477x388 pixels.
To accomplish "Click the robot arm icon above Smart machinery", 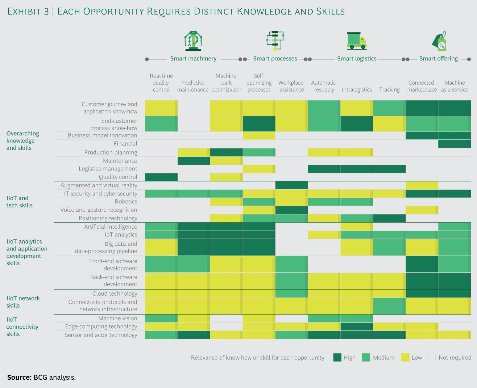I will click(193, 41).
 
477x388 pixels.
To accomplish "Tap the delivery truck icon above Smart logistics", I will click(357, 41).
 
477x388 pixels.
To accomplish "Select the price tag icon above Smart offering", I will click(439, 41).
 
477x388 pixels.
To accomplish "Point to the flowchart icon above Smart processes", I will click(275, 41).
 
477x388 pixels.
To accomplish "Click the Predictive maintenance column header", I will click(193, 86).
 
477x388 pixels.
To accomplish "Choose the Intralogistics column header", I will click(357, 90).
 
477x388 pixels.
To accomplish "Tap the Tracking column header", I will click(389, 90).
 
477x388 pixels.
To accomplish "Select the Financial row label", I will click(125, 144).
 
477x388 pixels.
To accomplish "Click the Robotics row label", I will click(126, 202).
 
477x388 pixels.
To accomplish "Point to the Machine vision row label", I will click(118, 319).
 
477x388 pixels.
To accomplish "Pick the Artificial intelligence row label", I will click(111, 227).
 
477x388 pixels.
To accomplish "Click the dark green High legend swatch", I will click(337, 358).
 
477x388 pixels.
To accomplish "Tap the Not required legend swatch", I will click(432, 358).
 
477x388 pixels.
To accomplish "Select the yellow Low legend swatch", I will click(405, 358).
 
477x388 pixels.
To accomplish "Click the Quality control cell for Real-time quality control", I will click(161, 177).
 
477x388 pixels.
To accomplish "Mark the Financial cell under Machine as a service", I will click(455, 144).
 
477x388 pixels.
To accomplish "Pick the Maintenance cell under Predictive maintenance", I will click(194, 161).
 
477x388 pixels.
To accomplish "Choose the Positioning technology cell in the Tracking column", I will click(389, 218).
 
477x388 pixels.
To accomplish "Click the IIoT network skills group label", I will click(23, 302).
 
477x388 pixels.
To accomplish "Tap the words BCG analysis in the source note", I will click(54, 378).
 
